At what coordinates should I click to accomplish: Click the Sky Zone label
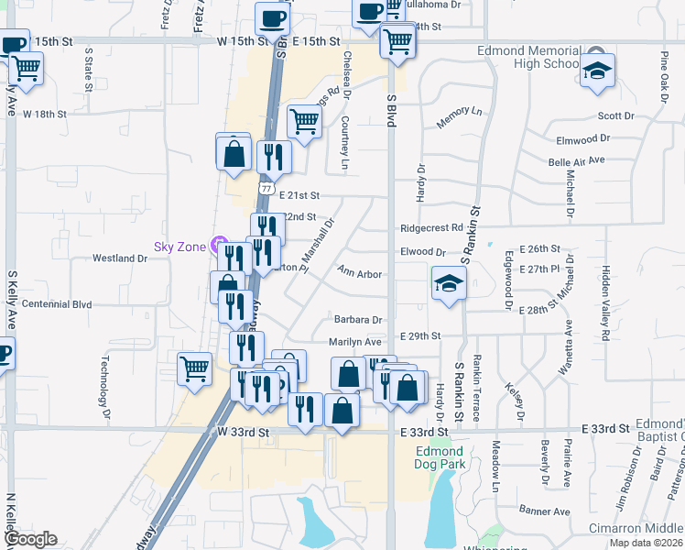(x=179, y=246)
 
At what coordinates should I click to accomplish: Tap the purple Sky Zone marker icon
(x=219, y=245)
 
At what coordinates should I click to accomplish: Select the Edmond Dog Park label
(x=440, y=457)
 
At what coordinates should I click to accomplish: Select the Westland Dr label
(x=120, y=258)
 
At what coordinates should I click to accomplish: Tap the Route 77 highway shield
(x=266, y=187)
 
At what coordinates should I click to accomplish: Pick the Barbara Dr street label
(x=357, y=320)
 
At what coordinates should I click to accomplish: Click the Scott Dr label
(x=615, y=116)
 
